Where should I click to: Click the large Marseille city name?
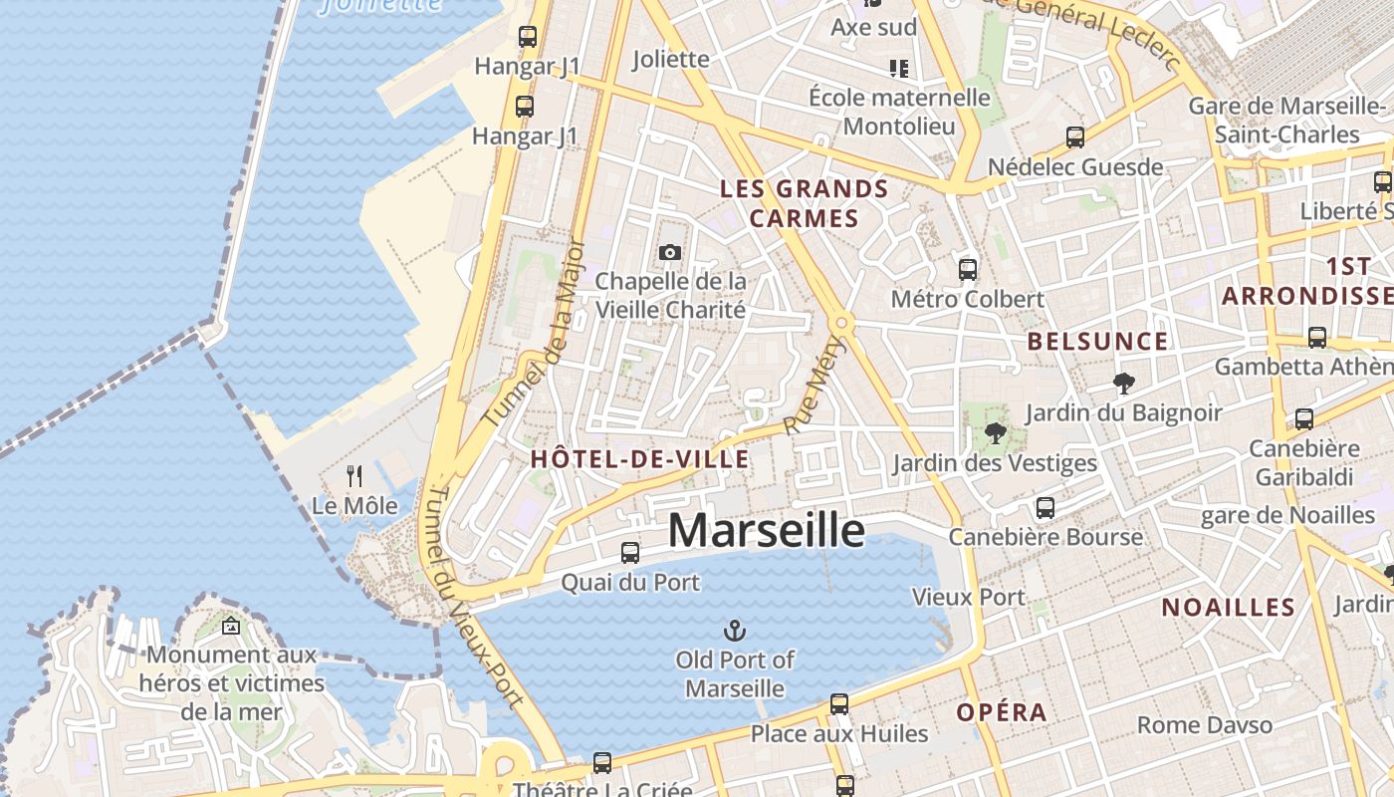tap(766, 530)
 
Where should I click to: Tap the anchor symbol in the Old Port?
tap(734, 631)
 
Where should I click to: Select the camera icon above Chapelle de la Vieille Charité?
tap(670, 252)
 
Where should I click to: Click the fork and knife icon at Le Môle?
tap(354, 476)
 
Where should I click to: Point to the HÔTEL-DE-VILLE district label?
tap(639, 459)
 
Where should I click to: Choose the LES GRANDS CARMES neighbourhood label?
tap(804, 203)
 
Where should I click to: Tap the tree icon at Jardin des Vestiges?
tap(994, 433)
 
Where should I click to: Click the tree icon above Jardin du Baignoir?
tap(1123, 383)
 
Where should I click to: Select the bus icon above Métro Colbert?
tap(967, 269)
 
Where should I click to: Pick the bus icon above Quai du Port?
tap(629, 552)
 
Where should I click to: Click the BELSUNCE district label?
tap(1097, 342)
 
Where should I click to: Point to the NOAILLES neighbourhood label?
tap(1228, 608)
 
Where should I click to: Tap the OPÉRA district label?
tap(1002, 712)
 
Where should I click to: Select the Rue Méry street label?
tap(814, 386)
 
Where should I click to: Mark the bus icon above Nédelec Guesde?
tap(1074, 137)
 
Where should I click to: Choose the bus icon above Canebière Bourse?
tap(1045, 507)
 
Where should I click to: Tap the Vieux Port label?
tap(968, 597)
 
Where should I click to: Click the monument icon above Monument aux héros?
tap(231, 626)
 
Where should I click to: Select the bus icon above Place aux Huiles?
tap(838, 704)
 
